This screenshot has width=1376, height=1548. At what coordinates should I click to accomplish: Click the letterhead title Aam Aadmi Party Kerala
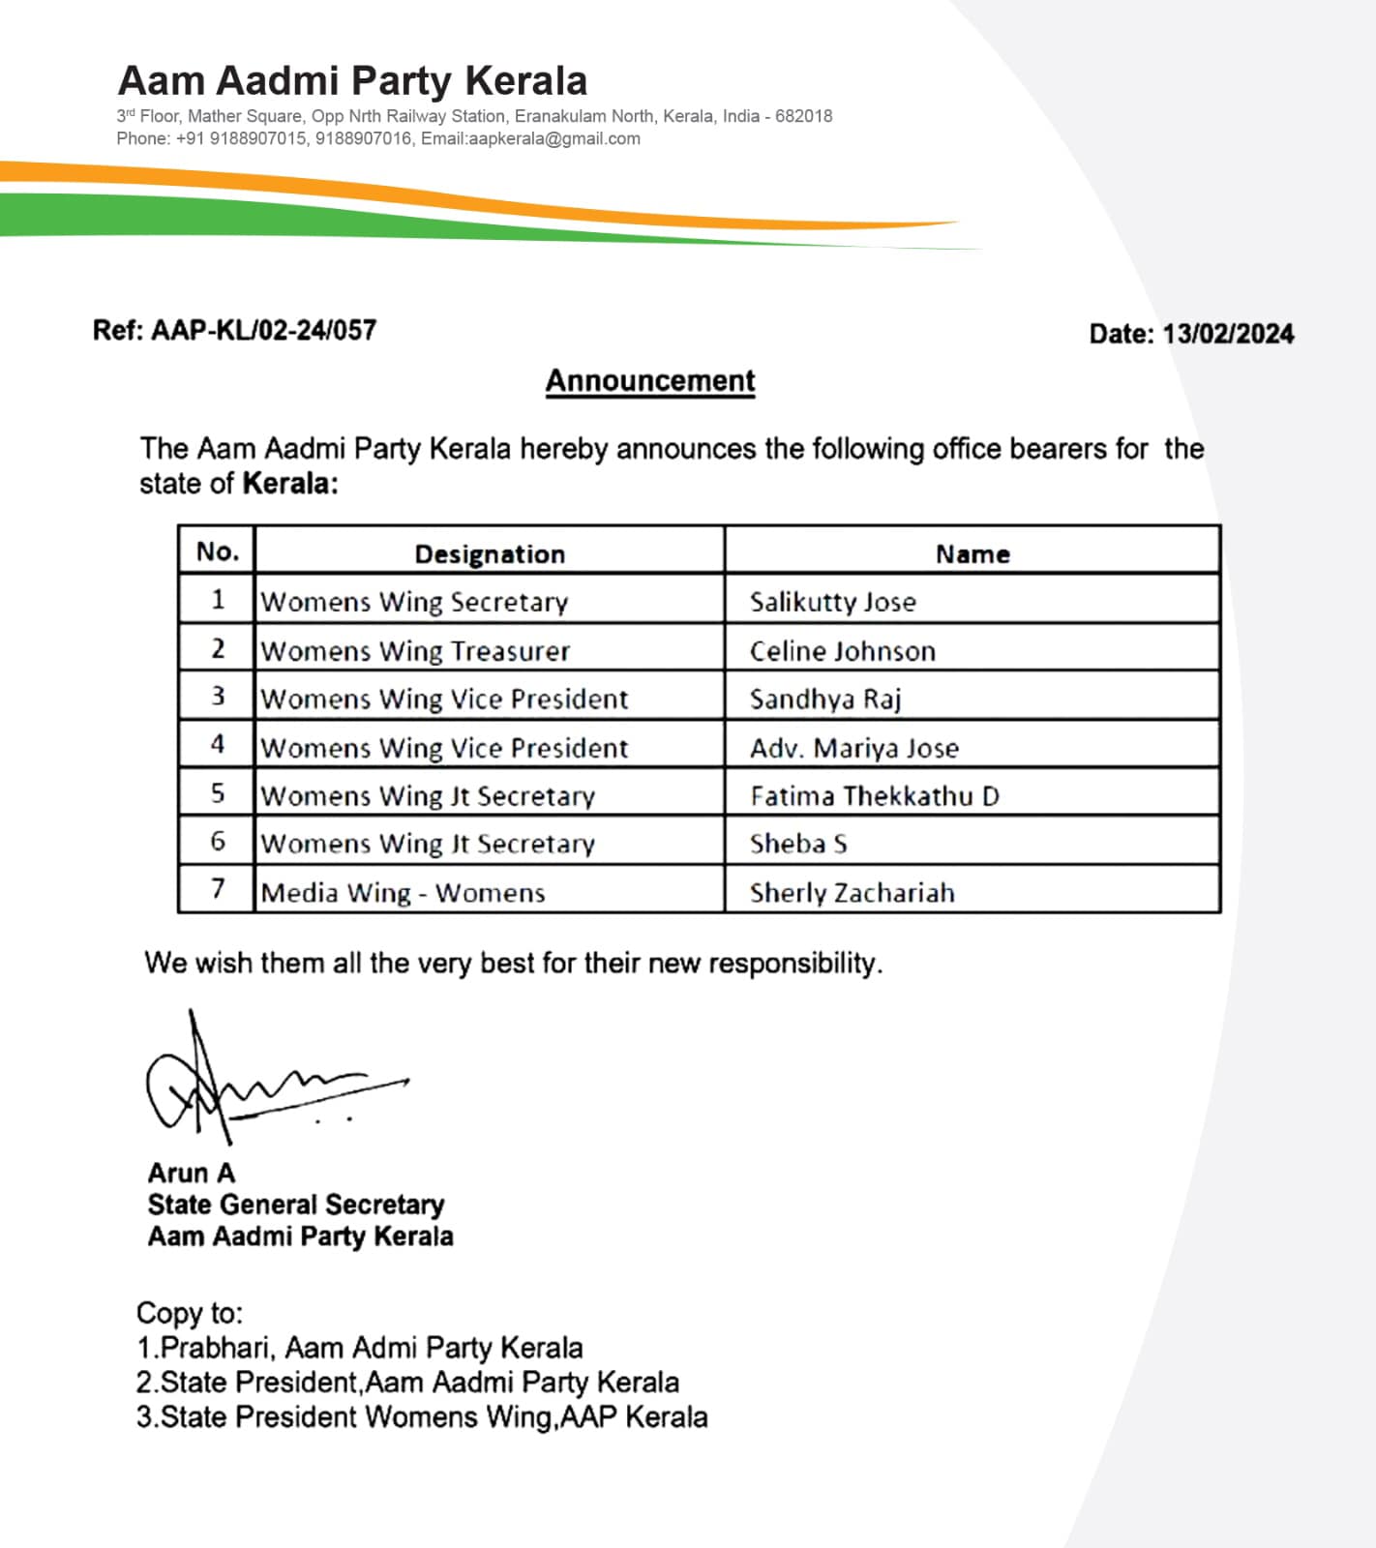[x=352, y=81]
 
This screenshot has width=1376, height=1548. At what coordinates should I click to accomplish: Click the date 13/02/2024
[x=1228, y=334]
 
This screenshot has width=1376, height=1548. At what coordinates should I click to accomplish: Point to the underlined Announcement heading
[x=650, y=380]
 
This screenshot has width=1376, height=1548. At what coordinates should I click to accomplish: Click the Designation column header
[x=490, y=553]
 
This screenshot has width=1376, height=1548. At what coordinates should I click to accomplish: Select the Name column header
[x=972, y=553]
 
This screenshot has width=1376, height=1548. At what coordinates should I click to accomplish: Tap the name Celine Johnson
[x=842, y=650]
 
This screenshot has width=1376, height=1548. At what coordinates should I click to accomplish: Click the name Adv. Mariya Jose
[x=854, y=748]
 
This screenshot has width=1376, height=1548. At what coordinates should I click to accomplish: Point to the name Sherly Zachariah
[x=852, y=892]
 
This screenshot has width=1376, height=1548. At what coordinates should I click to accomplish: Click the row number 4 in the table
[x=218, y=744]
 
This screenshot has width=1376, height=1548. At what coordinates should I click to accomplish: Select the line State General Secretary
[x=295, y=1205]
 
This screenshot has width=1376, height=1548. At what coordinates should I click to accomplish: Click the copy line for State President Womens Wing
[x=422, y=1417]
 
